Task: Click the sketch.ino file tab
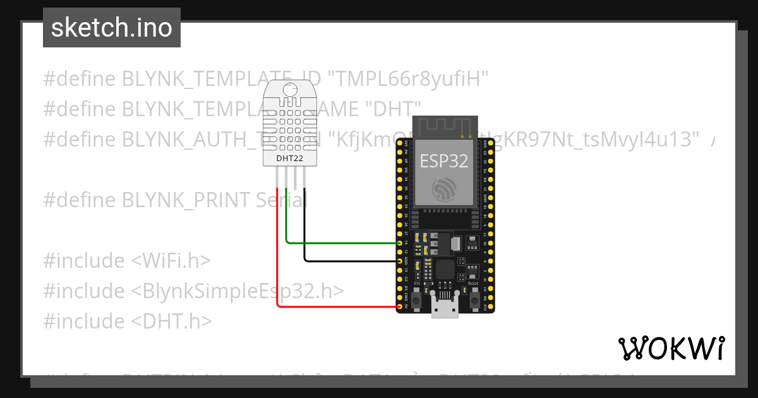[112, 28]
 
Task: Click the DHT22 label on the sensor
[290, 158]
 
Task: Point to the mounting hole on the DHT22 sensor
[290, 90]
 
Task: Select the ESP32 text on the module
[444, 160]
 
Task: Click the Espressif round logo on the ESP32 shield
[444, 190]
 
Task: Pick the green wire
[341, 243]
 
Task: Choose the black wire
[347, 261]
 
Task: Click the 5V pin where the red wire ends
[400, 307]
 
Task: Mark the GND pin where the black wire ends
[400, 261]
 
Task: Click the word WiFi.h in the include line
[171, 261]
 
